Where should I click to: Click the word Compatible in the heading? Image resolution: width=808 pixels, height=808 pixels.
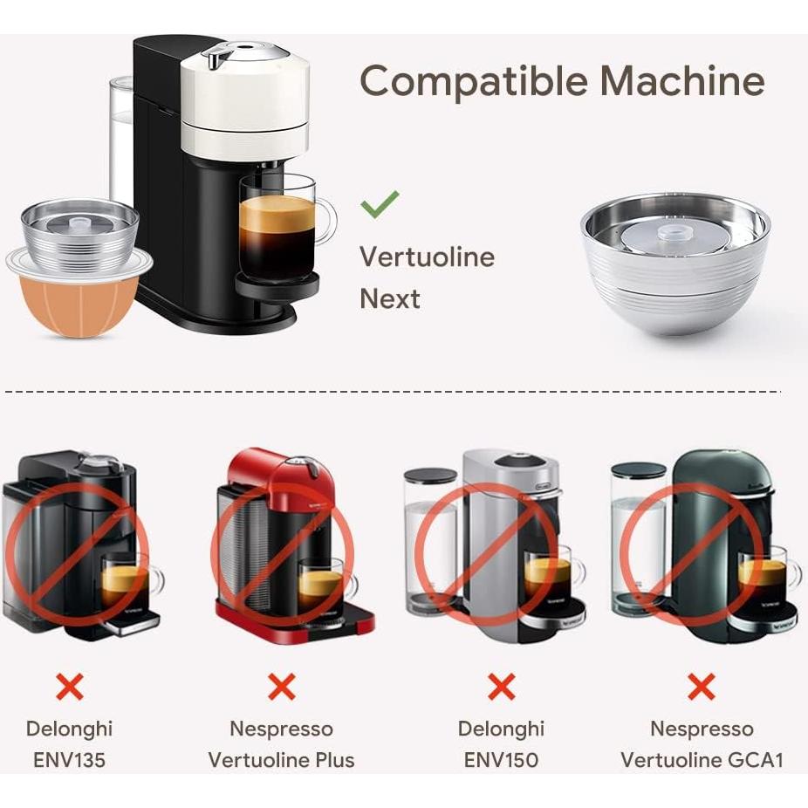(472, 83)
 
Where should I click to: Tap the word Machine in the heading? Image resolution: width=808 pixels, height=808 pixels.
(681, 81)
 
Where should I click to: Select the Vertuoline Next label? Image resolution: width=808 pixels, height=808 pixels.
(427, 277)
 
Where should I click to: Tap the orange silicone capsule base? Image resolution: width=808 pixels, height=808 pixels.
(79, 306)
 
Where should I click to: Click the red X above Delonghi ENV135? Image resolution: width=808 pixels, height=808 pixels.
(69, 687)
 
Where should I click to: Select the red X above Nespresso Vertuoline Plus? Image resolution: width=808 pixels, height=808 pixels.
(281, 687)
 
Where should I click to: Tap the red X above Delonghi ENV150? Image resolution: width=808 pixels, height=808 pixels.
(501, 687)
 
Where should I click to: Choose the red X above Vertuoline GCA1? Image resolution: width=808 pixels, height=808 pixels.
(701, 687)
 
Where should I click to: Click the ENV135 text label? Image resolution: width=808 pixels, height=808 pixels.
(69, 759)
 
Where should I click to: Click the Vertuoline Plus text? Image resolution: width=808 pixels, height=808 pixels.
(281, 759)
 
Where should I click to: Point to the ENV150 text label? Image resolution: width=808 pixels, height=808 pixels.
(501, 759)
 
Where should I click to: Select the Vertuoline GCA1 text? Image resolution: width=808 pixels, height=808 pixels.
(701, 759)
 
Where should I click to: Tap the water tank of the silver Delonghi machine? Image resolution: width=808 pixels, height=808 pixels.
(430, 541)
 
